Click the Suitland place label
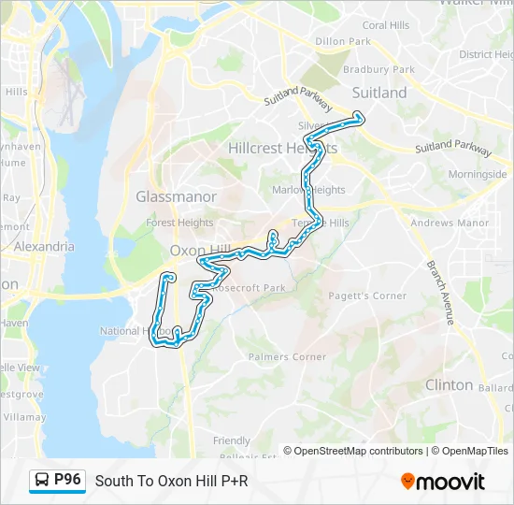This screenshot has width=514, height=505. point(379,93)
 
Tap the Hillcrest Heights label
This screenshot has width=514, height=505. point(283,149)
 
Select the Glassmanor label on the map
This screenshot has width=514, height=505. point(176,196)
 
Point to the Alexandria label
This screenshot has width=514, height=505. point(45,246)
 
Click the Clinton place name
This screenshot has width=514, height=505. point(449,384)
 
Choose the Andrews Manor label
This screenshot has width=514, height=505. point(450,224)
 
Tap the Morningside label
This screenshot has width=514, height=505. point(477,175)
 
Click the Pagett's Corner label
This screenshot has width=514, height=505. point(367,296)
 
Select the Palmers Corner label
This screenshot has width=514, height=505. point(287,356)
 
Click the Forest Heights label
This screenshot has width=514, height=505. point(179,223)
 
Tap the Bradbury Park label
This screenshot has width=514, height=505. point(378,69)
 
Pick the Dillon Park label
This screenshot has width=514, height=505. point(343,42)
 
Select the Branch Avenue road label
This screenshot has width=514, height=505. point(438,292)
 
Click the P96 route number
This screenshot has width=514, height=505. point(68,481)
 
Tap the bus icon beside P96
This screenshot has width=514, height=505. point(43,482)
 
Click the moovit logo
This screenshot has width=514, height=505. point(443,482)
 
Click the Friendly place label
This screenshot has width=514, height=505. point(232,440)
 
